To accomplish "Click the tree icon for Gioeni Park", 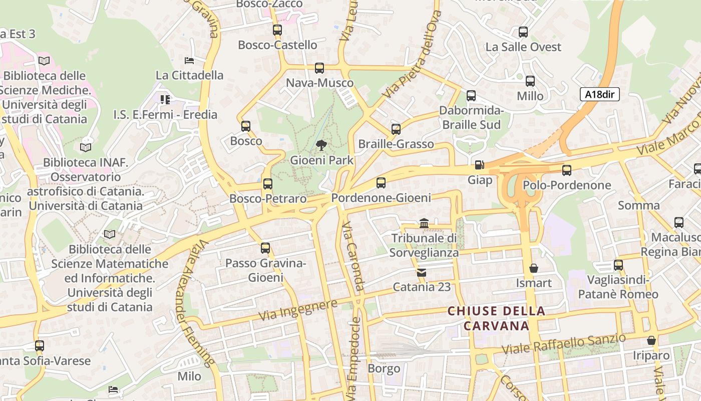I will [x=321, y=146].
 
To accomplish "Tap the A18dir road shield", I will [x=600, y=94].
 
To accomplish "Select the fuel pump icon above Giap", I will [x=479, y=165].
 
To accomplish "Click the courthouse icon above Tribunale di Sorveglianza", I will [x=424, y=223].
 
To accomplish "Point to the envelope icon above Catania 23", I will [x=422, y=273].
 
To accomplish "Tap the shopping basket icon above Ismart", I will [x=534, y=268].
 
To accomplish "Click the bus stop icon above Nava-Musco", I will [x=319, y=68].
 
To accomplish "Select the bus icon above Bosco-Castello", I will [x=277, y=30].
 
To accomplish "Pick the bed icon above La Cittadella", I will [x=189, y=61].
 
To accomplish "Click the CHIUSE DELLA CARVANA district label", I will [x=496, y=318].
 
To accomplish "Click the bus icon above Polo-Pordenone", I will [x=567, y=170].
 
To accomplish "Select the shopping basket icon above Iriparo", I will [x=651, y=341].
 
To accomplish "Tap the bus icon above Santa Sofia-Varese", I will [x=40, y=346].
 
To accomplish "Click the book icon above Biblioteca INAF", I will [x=86, y=147].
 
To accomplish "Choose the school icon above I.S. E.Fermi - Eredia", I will [x=165, y=100].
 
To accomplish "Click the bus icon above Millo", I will [x=530, y=81].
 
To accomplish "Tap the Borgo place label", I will [x=384, y=369].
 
